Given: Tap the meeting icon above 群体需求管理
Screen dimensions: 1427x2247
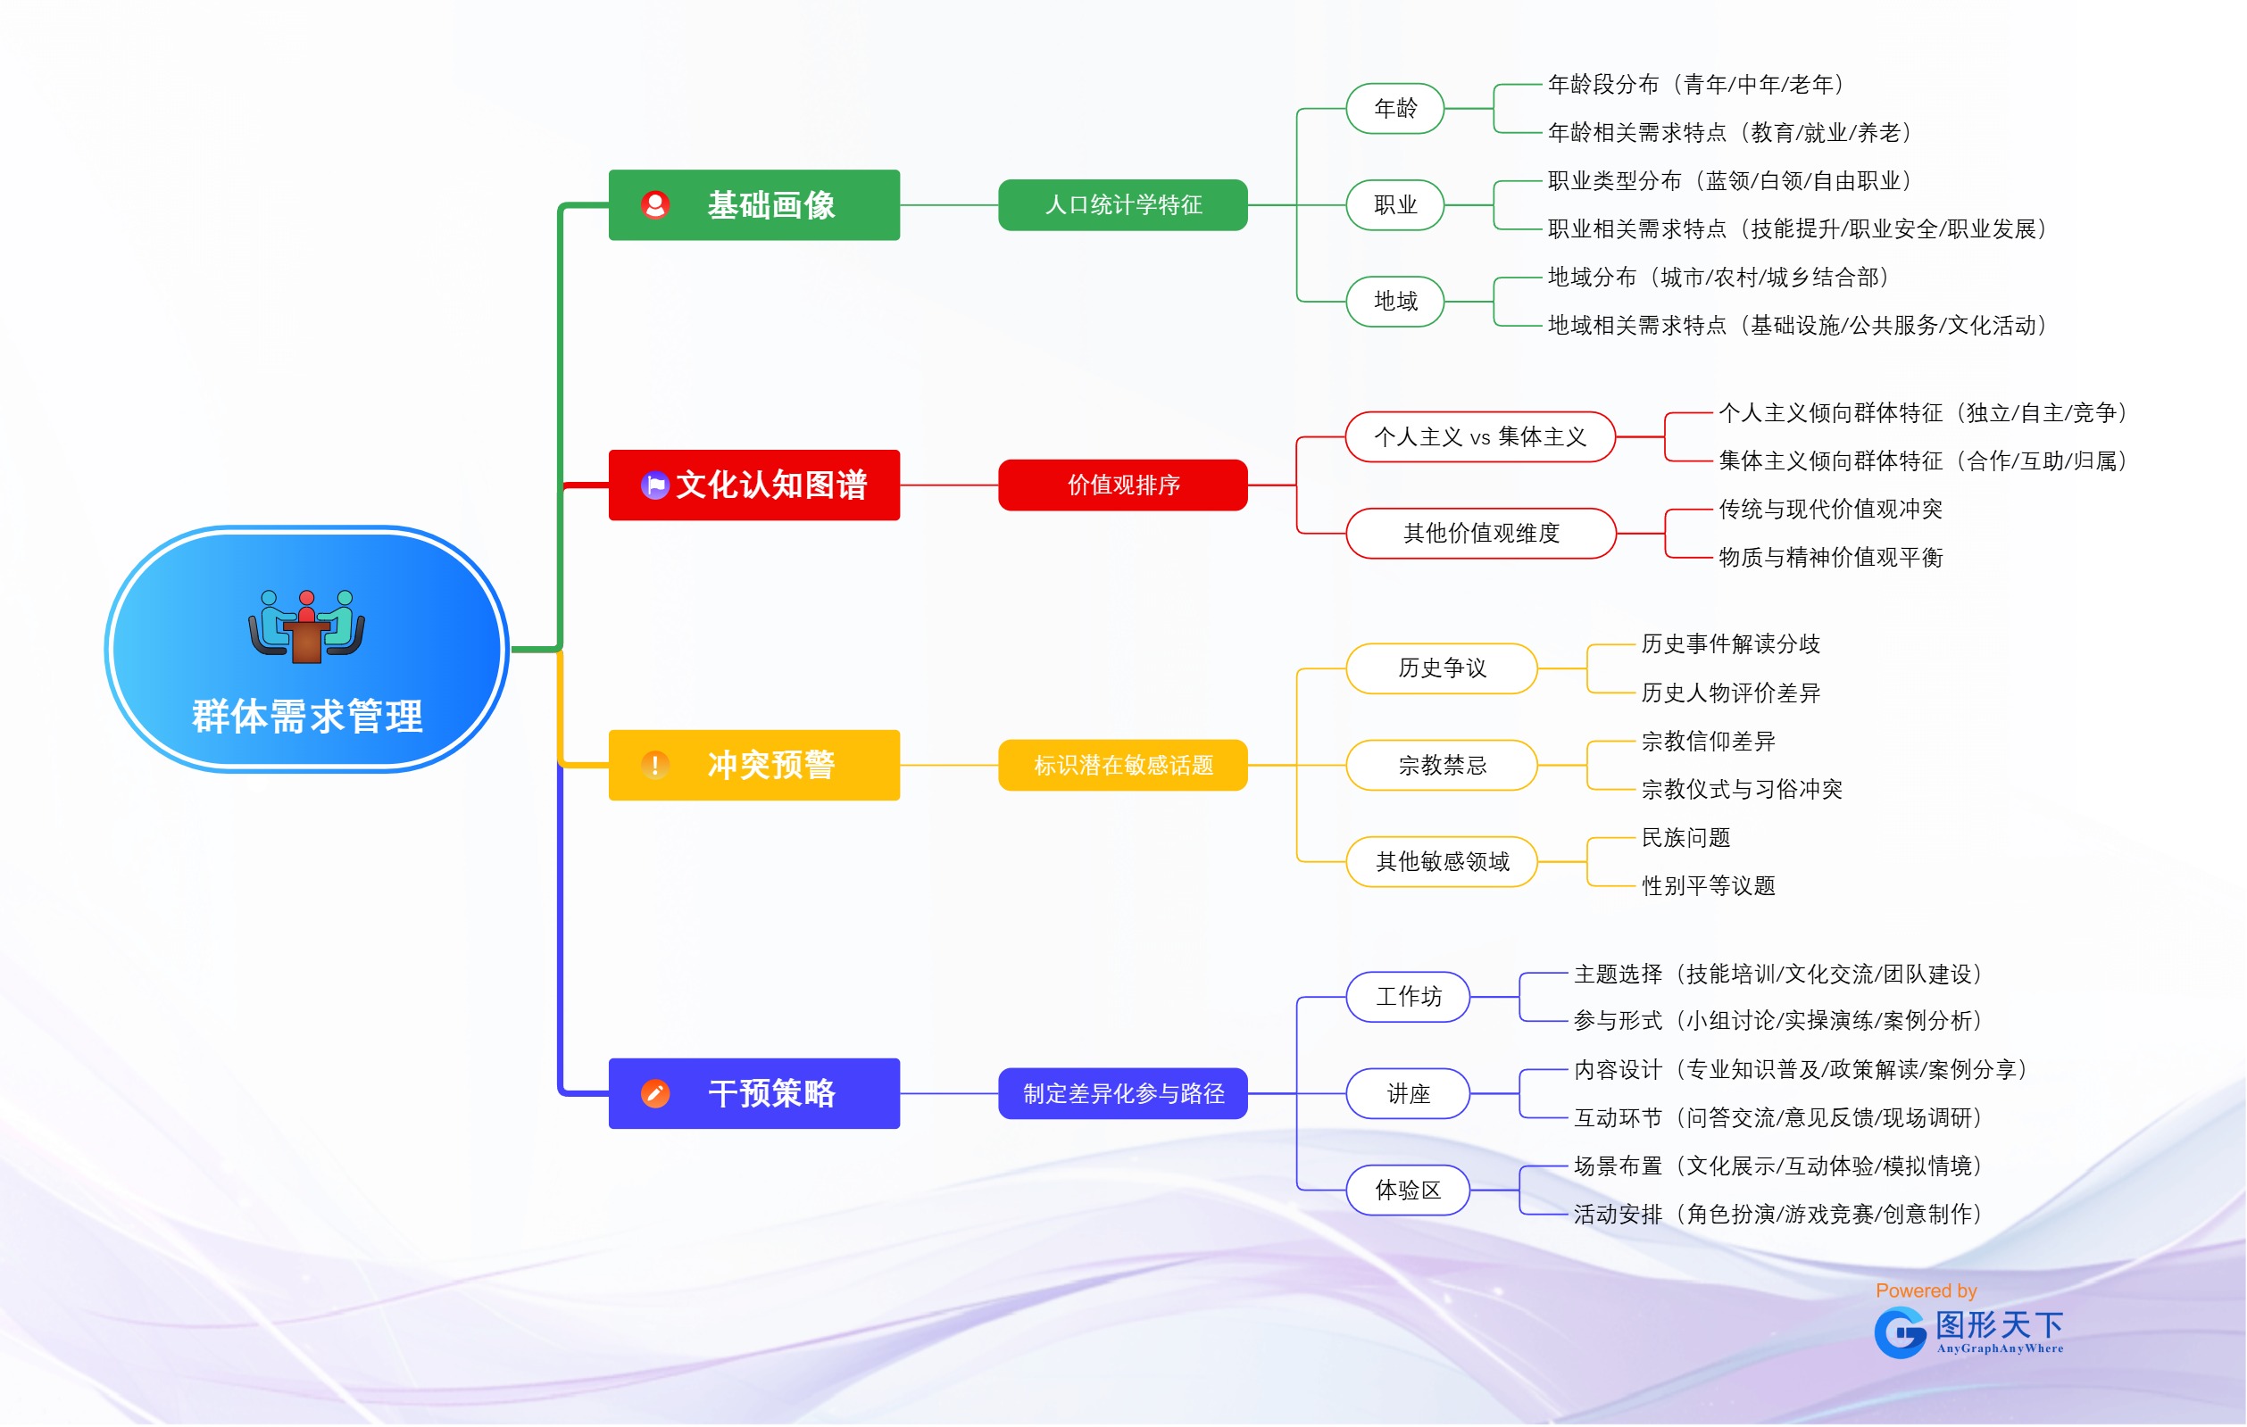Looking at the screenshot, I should pos(306,626).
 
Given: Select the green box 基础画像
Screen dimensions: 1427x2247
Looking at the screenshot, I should pos(754,205).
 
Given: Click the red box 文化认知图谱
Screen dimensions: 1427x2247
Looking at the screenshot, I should pos(754,485).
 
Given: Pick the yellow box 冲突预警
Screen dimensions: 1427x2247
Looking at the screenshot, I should pos(754,765).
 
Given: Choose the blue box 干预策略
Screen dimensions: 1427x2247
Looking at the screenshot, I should pos(754,1093).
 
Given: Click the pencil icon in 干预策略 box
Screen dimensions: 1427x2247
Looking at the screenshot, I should pos(655,1093).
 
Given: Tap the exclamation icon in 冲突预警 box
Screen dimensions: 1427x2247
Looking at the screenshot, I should pos(655,765).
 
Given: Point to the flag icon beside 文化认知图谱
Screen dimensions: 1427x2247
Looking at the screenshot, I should pos(655,485).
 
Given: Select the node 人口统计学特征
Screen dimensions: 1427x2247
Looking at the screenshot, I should pos(1122,205).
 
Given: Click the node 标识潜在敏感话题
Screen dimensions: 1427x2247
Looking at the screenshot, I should pos(1122,765).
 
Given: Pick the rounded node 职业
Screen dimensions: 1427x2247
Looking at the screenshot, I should pos(1395,205).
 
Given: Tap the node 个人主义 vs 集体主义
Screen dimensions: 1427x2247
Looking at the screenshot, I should pos(1480,436).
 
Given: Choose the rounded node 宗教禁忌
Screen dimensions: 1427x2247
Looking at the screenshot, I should pos(1442,765).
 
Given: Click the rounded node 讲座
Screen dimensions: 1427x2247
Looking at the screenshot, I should pos(1408,1093).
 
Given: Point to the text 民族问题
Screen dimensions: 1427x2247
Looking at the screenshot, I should pos(1685,837).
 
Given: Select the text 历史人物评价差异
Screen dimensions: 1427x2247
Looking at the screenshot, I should pos(1730,692).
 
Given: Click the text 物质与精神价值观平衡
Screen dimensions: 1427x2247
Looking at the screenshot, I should pos(1830,557).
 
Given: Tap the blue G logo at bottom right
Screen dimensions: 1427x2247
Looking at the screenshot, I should pos(1900,1332).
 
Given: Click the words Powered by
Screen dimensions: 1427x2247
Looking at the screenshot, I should pos(1926,1290).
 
